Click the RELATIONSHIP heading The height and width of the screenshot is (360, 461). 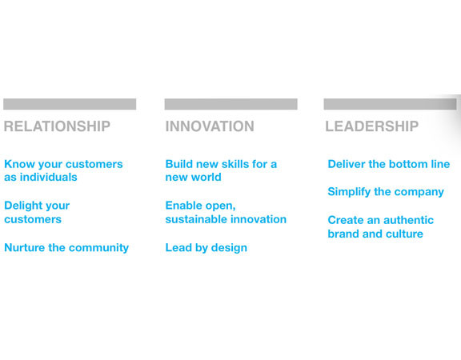tap(57, 126)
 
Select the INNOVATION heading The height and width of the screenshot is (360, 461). tap(210, 126)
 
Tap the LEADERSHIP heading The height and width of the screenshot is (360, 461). tap(371, 126)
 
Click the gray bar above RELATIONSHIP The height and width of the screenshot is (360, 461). tap(70, 104)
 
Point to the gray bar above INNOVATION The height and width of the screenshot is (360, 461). tap(230, 104)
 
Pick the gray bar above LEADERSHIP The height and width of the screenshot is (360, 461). tap(390, 104)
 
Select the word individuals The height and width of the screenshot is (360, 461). tap(49, 178)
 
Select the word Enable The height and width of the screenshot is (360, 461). tap(184, 206)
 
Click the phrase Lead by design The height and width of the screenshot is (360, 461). tap(206, 248)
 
